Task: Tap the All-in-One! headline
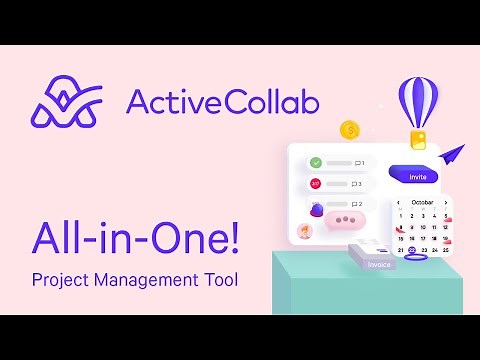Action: [135, 237]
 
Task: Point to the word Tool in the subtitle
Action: [219, 279]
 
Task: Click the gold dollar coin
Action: [350, 129]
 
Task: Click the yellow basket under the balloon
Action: [422, 138]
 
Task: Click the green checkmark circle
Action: [315, 162]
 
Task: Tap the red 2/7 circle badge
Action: [315, 184]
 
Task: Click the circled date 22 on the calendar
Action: [412, 250]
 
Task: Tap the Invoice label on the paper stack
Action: [378, 264]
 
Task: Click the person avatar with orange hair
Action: [305, 231]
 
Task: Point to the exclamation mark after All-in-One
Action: [232, 237]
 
